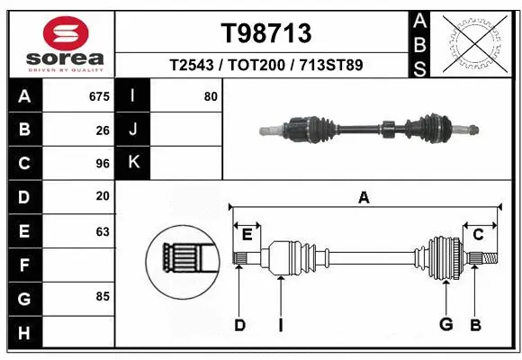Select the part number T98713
pyautogui.click(x=266, y=34)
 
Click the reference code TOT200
pyautogui.click(x=266, y=66)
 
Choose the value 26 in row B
pyautogui.click(x=103, y=130)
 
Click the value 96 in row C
pyautogui.click(x=103, y=164)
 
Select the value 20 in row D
pyautogui.click(x=103, y=197)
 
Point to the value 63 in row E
pyautogui.click(x=103, y=231)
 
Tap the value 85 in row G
pyautogui.click(x=103, y=296)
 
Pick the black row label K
pyautogui.click(x=133, y=164)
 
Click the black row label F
pyautogui.click(x=23, y=265)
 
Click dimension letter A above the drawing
pyautogui.click(x=364, y=198)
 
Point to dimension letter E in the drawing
pyautogui.click(x=247, y=235)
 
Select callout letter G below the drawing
pyautogui.click(x=445, y=325)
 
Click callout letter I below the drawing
pyautogui.click(x=281, y=325)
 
